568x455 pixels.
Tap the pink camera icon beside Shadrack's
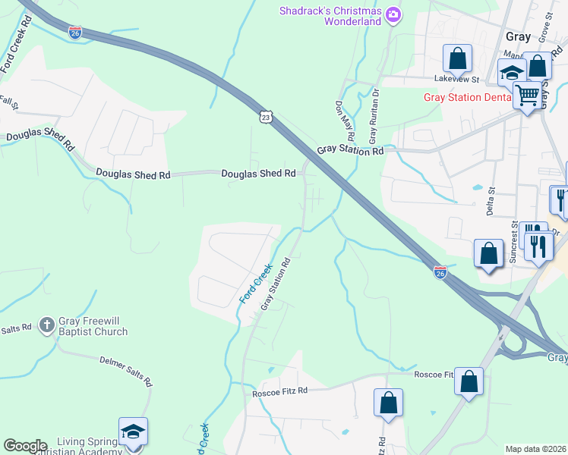(x=393, y=14)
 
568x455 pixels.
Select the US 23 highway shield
(x=264, y=117)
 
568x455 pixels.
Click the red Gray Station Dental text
(x=466, y=98)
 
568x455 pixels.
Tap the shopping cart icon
(x=526, y=96)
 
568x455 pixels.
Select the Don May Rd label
(x=345, y=122)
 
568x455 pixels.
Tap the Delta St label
(x=491, y=196)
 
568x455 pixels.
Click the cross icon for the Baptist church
(x=46, y=325)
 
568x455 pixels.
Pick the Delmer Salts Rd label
(x=125, y=370)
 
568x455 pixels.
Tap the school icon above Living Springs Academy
(x=133, y=432)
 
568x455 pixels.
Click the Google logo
(x=25, y=446)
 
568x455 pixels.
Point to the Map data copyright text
(x=535, y=449)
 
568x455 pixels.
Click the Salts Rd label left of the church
(x=15, y=328)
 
